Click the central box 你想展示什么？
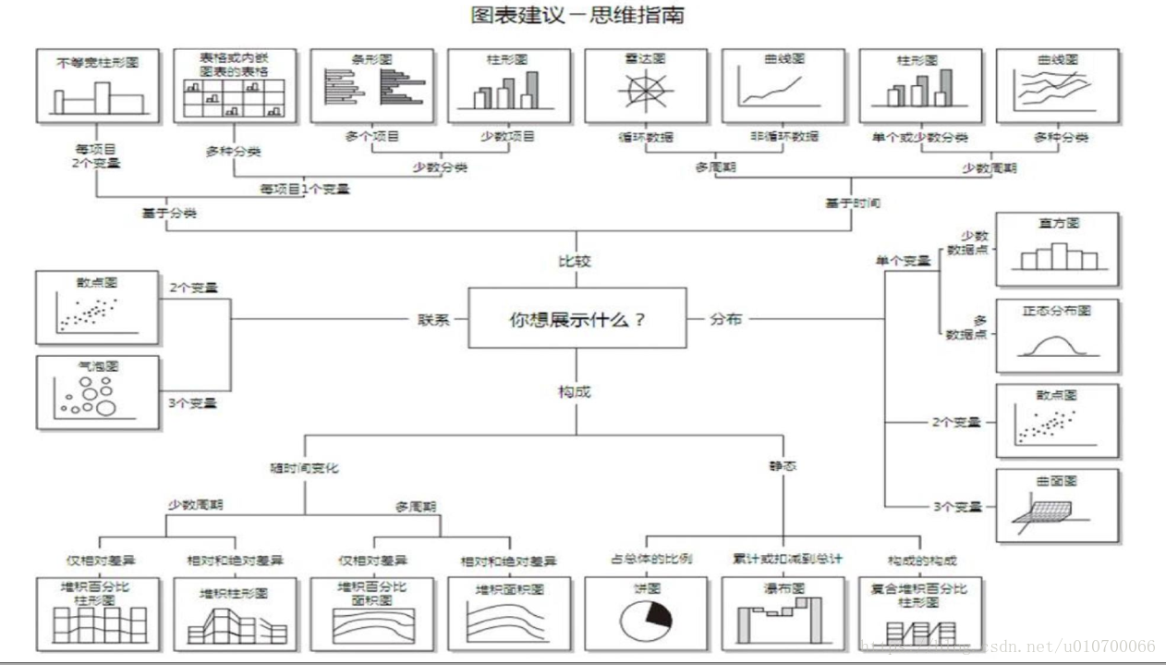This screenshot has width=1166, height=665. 577,318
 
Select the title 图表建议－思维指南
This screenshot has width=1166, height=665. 577,16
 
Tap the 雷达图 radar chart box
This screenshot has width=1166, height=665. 646,86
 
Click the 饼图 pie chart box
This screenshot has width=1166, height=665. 646,612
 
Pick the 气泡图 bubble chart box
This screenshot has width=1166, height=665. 98,393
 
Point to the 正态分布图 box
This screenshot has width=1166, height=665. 1057,335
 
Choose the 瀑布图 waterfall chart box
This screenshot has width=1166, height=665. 783,612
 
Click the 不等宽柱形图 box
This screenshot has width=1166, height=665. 98,86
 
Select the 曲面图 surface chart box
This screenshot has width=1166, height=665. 1057,505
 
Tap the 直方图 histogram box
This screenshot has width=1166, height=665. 1057,249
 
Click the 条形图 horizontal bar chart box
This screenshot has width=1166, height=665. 372,86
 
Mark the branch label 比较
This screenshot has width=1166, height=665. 575,261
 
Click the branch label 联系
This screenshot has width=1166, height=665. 433,319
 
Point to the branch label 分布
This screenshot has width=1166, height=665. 725,319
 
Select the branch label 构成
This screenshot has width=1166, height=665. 575,391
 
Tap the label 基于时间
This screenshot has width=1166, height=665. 852,203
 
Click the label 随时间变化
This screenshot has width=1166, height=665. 304,467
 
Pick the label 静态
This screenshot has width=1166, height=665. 782,466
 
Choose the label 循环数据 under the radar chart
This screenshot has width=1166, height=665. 646,137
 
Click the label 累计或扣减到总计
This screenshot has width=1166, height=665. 783,560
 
